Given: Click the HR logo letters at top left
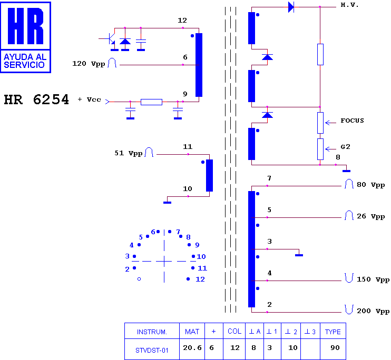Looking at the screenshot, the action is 26,26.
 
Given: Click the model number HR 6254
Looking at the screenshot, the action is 36,99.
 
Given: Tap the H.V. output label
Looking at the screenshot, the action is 349,5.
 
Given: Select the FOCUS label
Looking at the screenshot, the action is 352,121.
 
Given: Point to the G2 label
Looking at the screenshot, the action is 345,147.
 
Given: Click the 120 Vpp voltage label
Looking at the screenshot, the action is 89,64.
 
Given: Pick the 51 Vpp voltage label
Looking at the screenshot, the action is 128,153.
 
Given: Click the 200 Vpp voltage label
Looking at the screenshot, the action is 373,311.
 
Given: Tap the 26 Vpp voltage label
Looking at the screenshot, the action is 370,216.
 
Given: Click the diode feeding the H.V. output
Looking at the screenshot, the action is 291,7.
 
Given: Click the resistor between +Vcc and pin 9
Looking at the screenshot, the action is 151,102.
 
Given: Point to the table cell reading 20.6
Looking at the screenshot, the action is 192,348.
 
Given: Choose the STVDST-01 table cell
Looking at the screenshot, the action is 152,351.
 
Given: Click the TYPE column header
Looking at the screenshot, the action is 333,332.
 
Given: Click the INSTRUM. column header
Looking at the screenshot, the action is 152,332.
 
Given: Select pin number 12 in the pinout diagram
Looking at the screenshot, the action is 200,279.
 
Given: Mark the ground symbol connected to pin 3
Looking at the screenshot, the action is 299,255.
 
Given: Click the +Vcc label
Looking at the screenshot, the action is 89,99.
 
